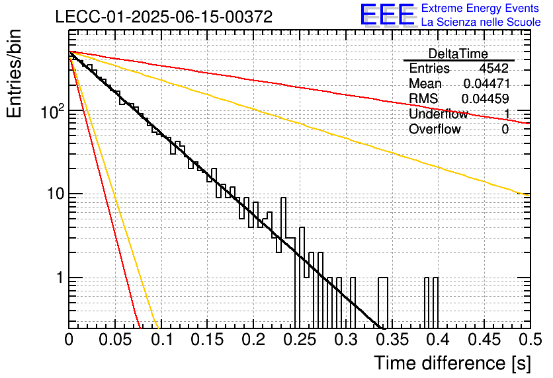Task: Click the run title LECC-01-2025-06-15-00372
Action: [164, 17]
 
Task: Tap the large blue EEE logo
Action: [388, 15]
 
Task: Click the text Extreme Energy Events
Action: [480, 8]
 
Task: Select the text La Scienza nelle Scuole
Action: [481, 22]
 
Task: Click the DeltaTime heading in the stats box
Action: [458, 54]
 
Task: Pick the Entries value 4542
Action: [493, 68]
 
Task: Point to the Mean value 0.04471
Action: [487, 83]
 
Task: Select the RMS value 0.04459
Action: [486, 98]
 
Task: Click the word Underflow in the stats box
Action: [439, 114]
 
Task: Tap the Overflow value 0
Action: [505, 130]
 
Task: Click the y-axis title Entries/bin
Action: [15, 73]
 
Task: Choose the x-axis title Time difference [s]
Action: [452, 363]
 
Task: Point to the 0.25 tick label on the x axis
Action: [300, 340]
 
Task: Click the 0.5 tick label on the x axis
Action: [531, 340]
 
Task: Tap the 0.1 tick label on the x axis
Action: [163, 340]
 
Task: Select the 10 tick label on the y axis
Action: [55, 194]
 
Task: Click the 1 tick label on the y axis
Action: [60, 278]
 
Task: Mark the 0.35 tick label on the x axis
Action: [392, 340]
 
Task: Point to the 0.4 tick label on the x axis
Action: [438, 340]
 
